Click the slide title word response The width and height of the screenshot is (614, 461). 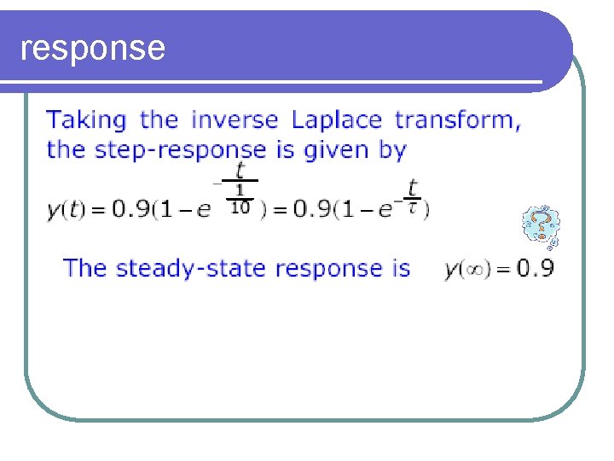pyautogui.click(x=92, y=48)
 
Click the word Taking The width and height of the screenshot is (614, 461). pyautogui.click(x=86, y=120)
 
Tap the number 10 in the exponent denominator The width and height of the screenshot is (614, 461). pyautogui.click(x=240, y=208)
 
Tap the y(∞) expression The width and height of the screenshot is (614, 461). pyautogui.click(x=466, y=270)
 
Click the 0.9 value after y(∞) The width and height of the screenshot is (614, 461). pyautogui.click(x=536, y=270)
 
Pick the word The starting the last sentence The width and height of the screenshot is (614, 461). pyautogui.click(x=85, y=268)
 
